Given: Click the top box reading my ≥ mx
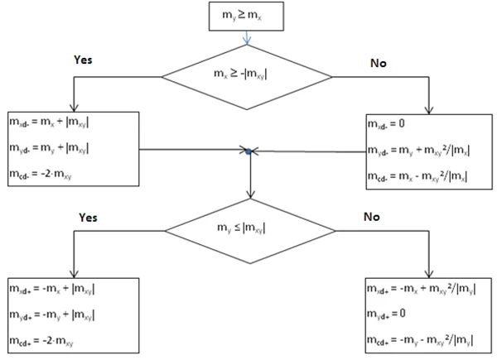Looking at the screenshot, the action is point(246,17).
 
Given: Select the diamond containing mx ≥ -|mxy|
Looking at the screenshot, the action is point(247,77).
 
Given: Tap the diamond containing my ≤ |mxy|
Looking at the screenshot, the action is point(250,231).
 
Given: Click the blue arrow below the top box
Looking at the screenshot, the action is point(247,38).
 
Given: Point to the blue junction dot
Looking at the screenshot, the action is point(248,151).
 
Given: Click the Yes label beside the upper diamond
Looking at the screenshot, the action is point(83,60).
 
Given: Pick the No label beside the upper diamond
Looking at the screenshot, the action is point(379,63).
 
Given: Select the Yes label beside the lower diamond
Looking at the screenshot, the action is point(88,217).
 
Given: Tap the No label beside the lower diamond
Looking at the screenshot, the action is point(372,217).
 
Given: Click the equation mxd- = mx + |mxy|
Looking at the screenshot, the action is point(49,122).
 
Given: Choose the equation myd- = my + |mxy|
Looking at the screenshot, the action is point(49,148).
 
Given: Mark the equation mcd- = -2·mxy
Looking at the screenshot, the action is point(41,175).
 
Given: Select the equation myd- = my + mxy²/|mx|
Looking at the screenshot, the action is point(418,150).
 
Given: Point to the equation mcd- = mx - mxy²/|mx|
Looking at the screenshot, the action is point(417,176).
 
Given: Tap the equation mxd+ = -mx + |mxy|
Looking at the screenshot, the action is point(52,290).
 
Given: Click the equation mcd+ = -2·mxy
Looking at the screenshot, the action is point(41,341).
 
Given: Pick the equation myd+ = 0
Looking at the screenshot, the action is point(386,314).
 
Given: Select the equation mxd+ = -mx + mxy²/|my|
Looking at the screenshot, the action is point(422,289).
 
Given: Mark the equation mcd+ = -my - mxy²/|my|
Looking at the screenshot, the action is point(420,340).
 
